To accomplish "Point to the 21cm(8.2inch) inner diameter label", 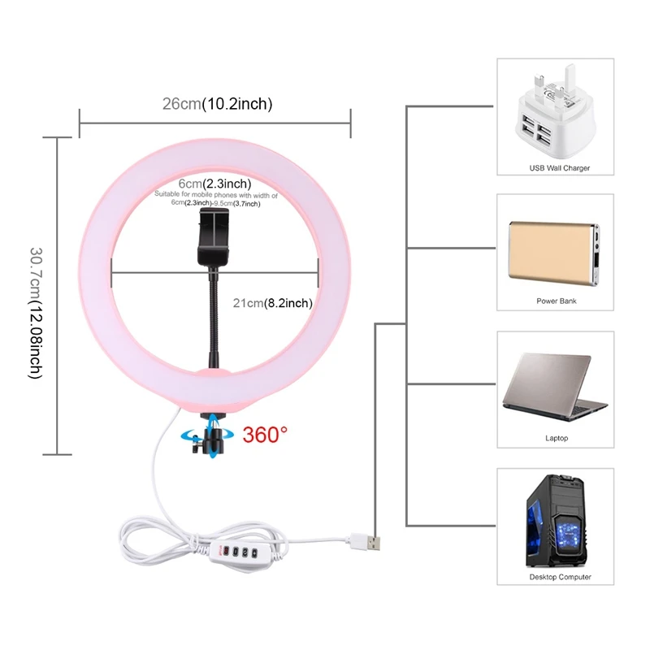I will coord(272,303).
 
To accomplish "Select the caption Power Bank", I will coord(557,301).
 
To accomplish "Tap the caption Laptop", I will coord(557,438).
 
